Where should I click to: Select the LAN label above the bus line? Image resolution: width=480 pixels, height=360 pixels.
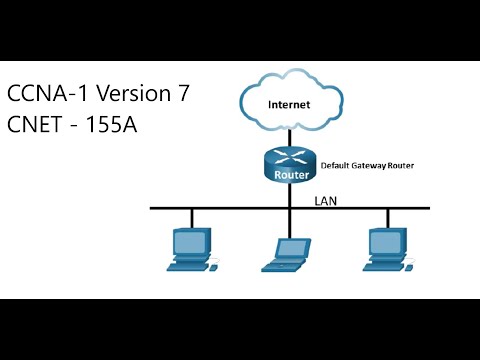326,200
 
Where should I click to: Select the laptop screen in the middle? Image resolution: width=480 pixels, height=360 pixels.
292,248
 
